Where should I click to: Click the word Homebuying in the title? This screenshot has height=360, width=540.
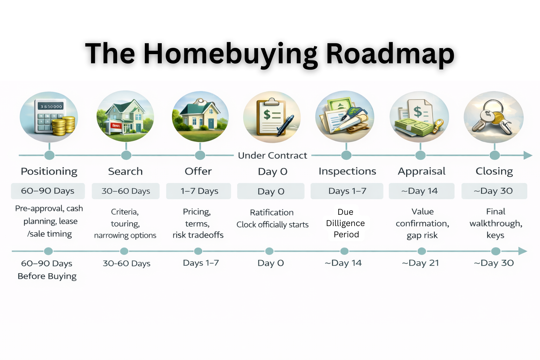coord(231,54)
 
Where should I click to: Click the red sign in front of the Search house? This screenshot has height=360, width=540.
coord(116,126)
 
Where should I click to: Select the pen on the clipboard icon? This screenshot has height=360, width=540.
coord(285,125)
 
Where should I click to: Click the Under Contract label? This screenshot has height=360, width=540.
coord(272,155)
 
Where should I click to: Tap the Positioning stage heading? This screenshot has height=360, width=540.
coord(49,171)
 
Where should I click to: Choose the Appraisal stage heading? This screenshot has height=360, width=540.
coord(422,171)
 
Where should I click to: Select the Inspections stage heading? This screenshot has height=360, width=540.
coord(347,171)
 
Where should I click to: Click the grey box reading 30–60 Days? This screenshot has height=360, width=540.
coord(126,191)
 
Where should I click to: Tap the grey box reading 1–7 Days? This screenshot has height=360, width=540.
coord(199,191)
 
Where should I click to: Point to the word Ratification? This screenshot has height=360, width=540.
coord(272,212)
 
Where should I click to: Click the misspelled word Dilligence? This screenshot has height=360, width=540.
coord(345,223)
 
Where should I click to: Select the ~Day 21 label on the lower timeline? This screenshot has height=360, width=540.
coord(420,263)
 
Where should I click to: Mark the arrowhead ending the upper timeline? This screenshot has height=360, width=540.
coord(528,155)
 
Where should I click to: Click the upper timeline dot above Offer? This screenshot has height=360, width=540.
coord(200,155)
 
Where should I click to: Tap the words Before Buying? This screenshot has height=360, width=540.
coord(47,276)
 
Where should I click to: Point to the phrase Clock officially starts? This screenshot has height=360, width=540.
coord(272,225)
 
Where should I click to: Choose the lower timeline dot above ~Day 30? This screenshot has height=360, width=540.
coord(496,251)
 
